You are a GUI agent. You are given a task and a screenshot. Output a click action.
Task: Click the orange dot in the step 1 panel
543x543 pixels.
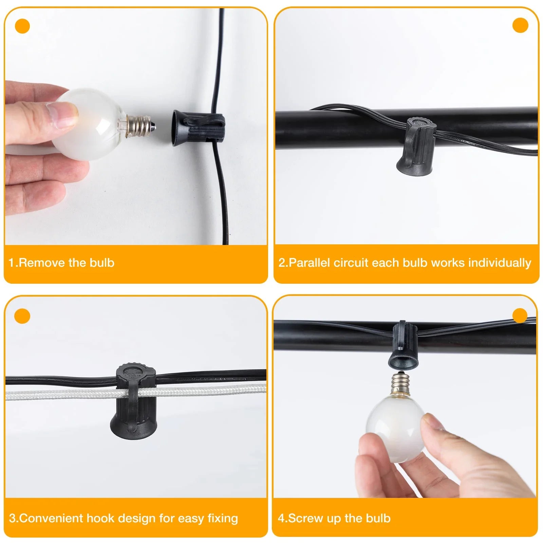coord(22,26)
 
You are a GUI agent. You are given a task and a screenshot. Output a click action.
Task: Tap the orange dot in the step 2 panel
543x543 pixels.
coord(520,25)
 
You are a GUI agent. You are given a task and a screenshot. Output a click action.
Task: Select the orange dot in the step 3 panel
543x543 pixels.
coord(22,316)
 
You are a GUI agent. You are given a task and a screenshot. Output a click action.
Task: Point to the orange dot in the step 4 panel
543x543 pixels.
coord(520,316)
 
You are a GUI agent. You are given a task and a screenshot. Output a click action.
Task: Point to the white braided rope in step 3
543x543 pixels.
coord(136,392)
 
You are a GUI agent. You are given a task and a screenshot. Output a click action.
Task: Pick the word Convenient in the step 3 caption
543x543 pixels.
coord(51,518)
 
